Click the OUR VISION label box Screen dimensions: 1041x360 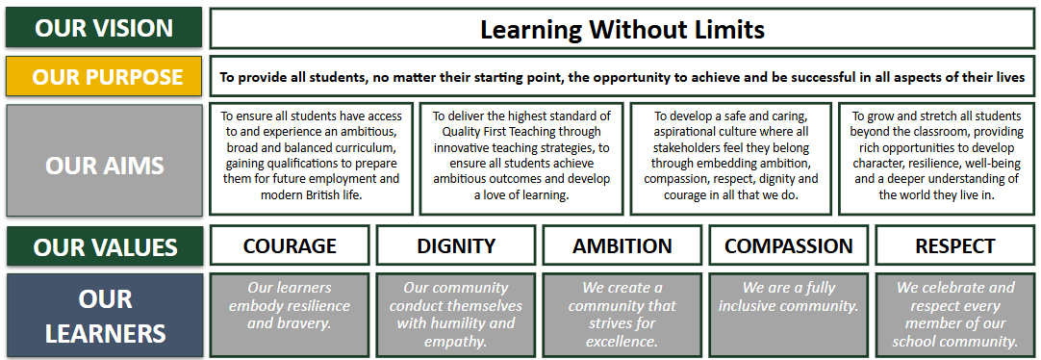coord(104,27)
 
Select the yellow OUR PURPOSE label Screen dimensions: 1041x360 coord(104,76)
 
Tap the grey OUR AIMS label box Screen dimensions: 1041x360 coord(104,160)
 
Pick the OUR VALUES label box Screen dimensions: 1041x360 coord(104,245)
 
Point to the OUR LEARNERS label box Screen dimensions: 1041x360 coord(104,316)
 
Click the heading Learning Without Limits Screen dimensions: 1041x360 coord(622,29)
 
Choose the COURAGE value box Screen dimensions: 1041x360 coord(290,245)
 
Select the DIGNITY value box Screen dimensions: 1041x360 coord(456,245)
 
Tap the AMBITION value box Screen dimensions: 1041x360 coord(622,245)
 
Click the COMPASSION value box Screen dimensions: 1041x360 coord(789,245)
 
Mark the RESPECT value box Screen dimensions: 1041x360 coord(955,245)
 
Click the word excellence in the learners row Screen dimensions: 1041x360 coord(622,342)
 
